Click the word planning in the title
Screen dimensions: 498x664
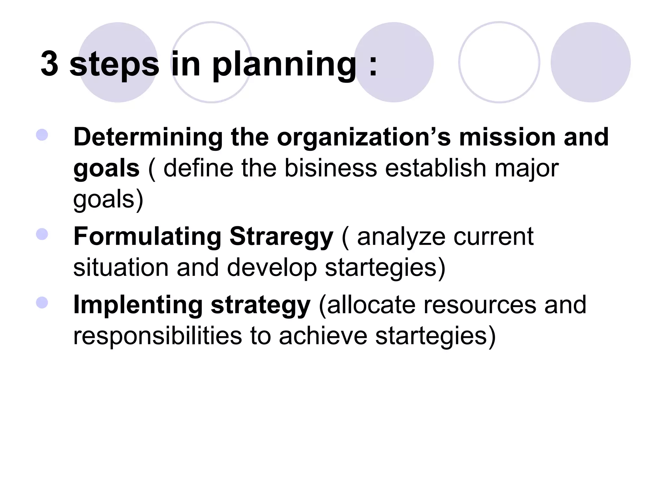pos(284,65)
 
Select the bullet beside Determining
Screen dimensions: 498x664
pos(42,135)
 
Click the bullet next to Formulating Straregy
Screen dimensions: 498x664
pos(42,234)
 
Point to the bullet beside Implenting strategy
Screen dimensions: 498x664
pos(42,302)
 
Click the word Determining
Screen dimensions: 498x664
pos(148,137)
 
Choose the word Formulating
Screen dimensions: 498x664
pos(148,236)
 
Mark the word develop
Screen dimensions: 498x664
pos(272,268)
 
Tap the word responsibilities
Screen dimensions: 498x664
pos(158,336)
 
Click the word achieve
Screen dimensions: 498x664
pos(323,336)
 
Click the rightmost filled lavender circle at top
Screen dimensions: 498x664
pos(590,62)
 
